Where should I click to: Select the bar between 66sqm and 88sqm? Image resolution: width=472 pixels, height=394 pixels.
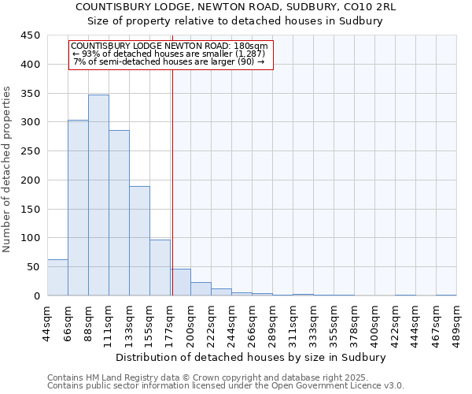78,208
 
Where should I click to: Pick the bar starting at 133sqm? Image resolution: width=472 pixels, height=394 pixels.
139,241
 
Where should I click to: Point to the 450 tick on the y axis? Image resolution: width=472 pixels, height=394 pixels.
30,35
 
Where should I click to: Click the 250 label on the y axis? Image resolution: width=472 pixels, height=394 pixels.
30,151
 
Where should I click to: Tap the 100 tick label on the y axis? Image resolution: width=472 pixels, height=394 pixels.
30,238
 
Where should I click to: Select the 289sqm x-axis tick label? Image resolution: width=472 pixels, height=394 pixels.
272,323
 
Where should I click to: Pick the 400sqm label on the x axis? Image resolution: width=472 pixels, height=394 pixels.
374,323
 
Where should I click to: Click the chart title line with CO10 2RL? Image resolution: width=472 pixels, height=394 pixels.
236,7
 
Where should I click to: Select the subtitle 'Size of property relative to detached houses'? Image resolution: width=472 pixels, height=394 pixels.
236,21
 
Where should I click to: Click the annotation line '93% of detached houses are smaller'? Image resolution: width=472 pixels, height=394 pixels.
170,54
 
